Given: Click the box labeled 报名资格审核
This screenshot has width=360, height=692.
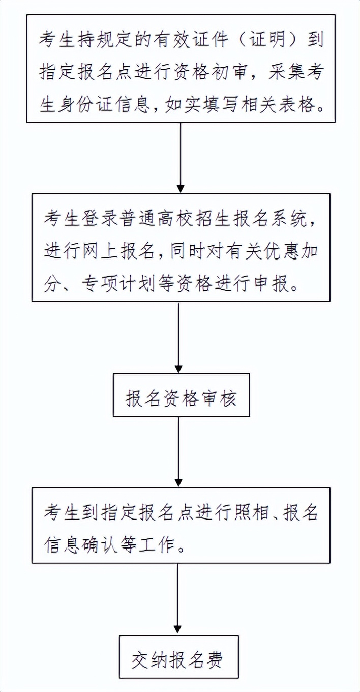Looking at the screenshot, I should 181,395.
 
